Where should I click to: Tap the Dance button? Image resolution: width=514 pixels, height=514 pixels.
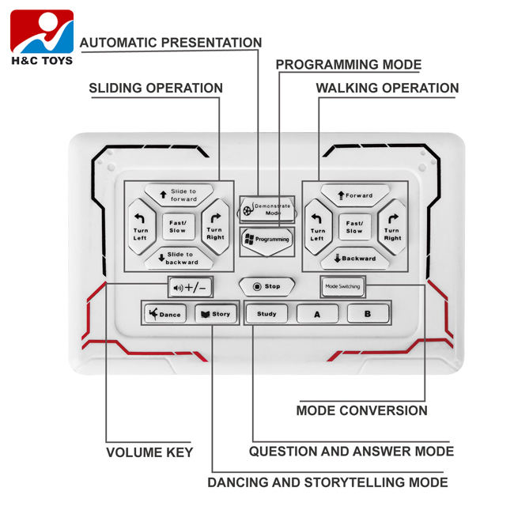coord(164,314)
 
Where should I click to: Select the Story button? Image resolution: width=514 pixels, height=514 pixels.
coord(215,314)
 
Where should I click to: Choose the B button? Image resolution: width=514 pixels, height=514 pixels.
coord(368,314)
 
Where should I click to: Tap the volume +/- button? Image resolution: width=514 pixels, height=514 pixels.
coord(191,287)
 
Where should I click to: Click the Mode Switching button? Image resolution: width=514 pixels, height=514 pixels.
coord(342,286)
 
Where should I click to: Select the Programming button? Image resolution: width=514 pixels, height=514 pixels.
coord(266,238)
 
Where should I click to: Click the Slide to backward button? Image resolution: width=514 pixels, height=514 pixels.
coord(178,258)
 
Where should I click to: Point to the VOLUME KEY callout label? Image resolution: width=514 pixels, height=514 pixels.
coord(149,452)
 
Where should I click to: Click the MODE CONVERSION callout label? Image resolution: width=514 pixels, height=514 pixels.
coord(361,410)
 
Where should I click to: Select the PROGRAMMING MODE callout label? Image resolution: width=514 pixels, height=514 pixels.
coord(349,65)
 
